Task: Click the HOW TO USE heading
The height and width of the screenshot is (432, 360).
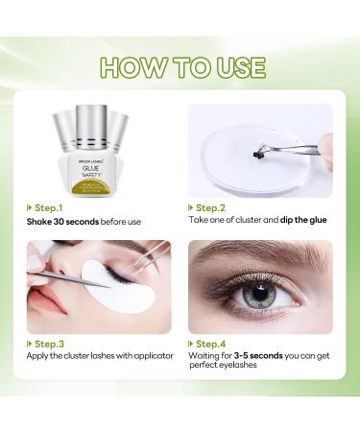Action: tap(180, 66)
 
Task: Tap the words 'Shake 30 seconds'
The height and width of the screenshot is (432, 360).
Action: tap(65, 222)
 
